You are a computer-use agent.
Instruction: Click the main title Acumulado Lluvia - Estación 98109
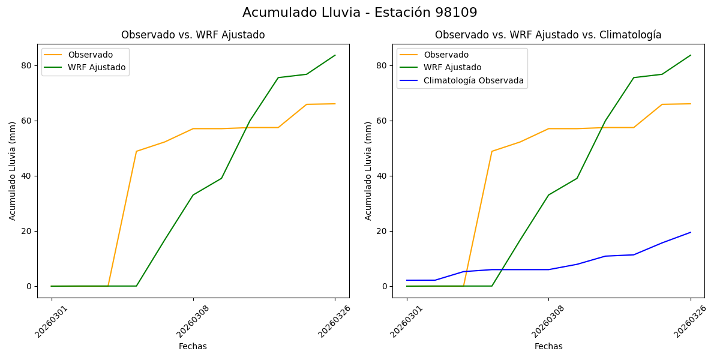click(360, 13)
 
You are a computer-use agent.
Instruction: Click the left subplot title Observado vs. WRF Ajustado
click(193, 35)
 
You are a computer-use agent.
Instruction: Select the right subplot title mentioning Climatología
click(548, 35)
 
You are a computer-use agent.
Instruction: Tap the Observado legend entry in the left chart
click(90, 55)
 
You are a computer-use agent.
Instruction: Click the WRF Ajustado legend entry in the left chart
click(97, 68)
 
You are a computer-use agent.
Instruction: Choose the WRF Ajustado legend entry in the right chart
click(452, 68)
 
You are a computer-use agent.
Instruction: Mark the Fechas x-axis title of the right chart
click(548, 346)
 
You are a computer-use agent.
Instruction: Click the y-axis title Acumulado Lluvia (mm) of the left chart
click(13, 171)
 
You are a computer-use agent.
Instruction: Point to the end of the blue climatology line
click(691, 232)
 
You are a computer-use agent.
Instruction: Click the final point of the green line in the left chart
click(335, 55)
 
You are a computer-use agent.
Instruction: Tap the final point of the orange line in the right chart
click(691, 104)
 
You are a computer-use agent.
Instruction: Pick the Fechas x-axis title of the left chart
click(193, 346)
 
